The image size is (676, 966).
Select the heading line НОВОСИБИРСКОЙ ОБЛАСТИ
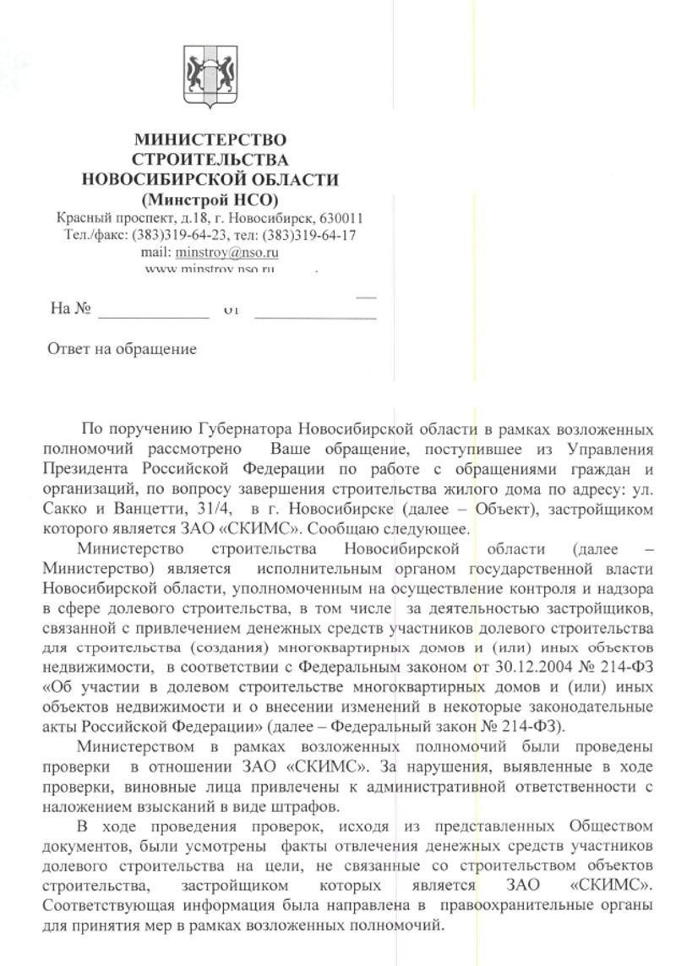210,179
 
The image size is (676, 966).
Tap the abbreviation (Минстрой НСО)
210,199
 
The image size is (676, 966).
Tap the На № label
70,309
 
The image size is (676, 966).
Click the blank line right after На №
153,314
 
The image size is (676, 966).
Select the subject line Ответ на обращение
121,348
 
